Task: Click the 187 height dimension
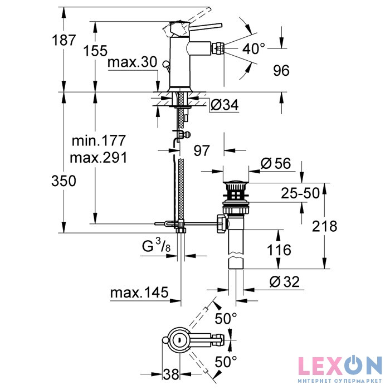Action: (x=64, y=40)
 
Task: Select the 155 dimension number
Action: (x=95, y=51)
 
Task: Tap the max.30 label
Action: (x=133, y=62)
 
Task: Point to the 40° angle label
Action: (x=253, y=48)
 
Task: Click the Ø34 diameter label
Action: (x=225, y=105)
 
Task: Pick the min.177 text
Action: (x=99, y=141)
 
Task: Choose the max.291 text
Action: (x=99, y=158)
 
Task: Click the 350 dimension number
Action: (x=64, y=181)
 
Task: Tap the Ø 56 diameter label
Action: (x=276, y=163)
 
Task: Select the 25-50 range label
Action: (x=300, y=193)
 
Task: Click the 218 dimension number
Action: (x=325, y=226)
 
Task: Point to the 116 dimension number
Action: (x=279, y=250)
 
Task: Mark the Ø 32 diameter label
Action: (x=284, y=282)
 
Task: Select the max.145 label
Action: (x=139, y=292)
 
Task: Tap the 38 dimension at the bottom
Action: (x=171, y=374)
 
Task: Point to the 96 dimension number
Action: (x=281, y=70)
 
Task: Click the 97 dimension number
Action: (x=202, y=150)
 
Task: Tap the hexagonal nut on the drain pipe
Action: (x=222, y=224)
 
